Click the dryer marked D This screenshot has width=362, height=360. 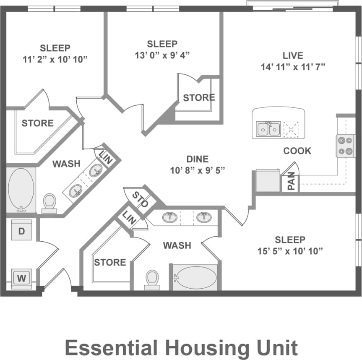(x=21, y=231)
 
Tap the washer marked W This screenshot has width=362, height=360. (x=21, y=277)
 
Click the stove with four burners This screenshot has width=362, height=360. (x=345, y=146)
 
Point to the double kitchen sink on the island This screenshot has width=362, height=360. (x=269, y=129)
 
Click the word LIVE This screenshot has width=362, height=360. (x=293, y=55)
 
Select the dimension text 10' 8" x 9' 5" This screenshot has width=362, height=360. (x=197, y=170)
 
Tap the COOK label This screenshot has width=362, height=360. (x=297, y=151)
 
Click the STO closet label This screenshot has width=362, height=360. (x=141, y=200)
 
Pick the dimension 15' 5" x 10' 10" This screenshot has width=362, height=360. (x=290, y=251)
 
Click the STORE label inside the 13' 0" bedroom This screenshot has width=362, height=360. (x=199, y=98)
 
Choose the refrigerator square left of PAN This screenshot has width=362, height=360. (x=268, y=181)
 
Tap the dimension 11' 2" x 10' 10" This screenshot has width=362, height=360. (x=55, y=59)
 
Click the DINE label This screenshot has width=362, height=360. (x=197, y=159)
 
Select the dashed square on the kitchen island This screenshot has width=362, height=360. (x=291, y=129)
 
